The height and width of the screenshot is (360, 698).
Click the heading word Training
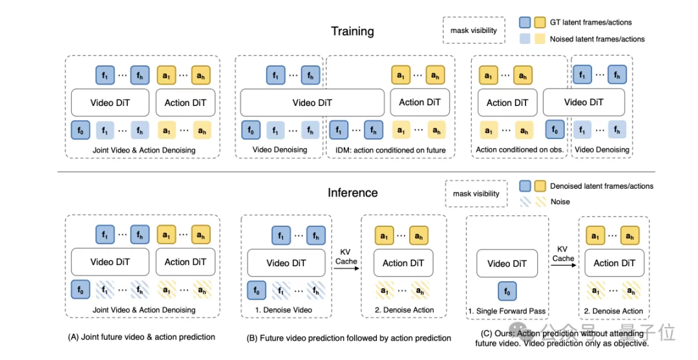pos(352,32)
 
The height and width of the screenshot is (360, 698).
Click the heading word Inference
pos(353,193)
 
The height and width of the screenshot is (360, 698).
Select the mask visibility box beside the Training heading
pos(474,30)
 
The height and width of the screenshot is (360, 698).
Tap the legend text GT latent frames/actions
pos(590,22)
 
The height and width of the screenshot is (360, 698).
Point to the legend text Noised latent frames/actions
pos(597,39)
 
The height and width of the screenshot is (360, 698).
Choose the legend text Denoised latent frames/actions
pos(602,186)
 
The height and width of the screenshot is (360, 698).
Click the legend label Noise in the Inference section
pos(560,202)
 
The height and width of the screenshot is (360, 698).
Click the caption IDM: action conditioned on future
pos(391,150)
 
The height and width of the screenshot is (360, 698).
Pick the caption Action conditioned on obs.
pos(520,149)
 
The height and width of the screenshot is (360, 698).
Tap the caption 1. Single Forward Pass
pos(507,311)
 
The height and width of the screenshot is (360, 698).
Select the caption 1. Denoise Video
pos(284,310)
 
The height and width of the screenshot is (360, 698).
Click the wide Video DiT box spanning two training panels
pos(312,103)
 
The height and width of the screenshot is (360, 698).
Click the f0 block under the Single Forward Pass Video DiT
pos(507,291)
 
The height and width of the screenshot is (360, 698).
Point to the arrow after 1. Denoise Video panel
pos(347,268)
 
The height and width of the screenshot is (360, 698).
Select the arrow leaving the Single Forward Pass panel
pos(564,266)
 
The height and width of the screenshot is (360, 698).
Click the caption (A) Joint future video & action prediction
pos(141,337)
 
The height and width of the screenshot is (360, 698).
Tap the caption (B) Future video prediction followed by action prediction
pos(348,338)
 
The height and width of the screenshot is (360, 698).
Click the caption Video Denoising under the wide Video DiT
pos(280,149)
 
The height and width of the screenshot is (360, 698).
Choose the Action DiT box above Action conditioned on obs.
pos(507,103)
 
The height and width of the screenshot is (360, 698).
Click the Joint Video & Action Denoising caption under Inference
pos(143,310)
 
